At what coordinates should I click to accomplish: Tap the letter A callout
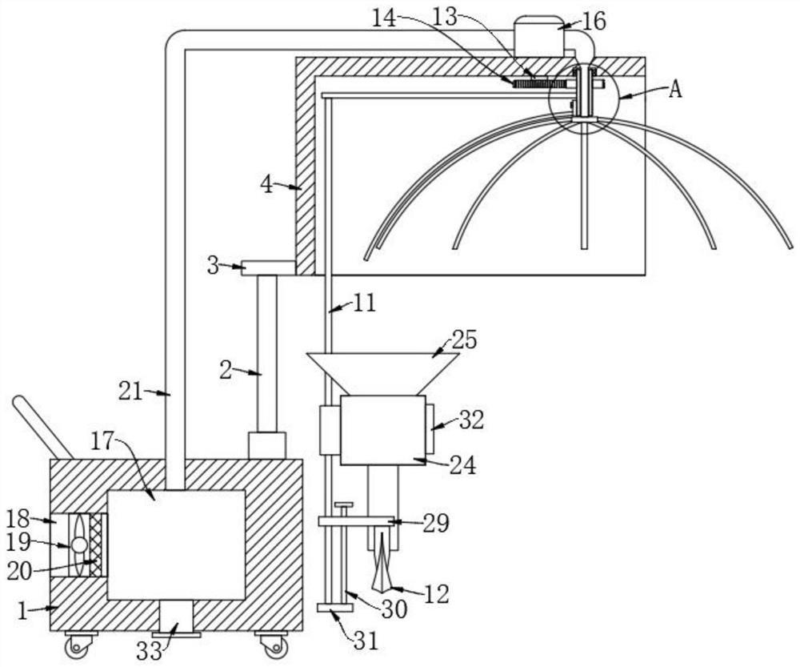click(675, 90)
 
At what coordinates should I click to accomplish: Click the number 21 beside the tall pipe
click(130, 392)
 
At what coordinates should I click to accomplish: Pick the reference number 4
click(267, 184)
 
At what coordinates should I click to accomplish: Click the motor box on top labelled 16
click(538, 36)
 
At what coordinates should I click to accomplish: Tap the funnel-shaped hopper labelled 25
click(382, 374)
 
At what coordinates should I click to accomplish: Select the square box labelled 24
click(382, 430)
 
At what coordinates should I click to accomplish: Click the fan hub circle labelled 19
click(79, 545)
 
